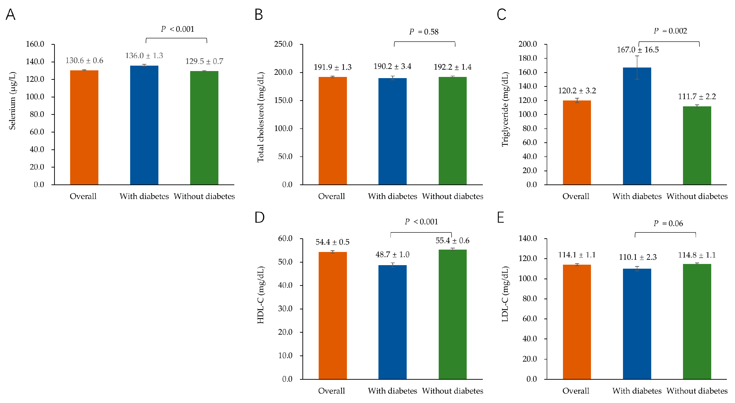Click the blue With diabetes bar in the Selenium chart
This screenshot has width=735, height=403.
[144, 125]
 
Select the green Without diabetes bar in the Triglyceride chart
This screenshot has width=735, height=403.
[697, 145]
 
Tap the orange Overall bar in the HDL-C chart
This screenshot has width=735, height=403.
[333, 315]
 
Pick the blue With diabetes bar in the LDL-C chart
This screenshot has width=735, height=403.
[637, 324]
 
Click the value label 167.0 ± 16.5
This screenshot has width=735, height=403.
[638, 50]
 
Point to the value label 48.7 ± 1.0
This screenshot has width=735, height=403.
[392, 254]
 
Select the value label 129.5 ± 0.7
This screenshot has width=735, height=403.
[204, 61]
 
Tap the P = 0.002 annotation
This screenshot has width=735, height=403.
[670, 31]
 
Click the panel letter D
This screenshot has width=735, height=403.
[259, 217]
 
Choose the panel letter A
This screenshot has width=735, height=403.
[11, 14]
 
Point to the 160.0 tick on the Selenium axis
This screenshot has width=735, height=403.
[35, 44]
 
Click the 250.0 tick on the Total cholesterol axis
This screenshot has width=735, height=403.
[283, 44]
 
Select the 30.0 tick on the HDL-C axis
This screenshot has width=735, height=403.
[285, 309]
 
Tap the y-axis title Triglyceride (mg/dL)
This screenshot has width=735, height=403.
[505, 109]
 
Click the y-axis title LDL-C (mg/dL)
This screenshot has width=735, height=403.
[505, 294]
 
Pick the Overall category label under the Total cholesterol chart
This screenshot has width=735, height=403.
[332, 196]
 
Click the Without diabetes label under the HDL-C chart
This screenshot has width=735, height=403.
[453, 391]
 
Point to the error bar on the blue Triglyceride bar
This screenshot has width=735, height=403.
[637, 67]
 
